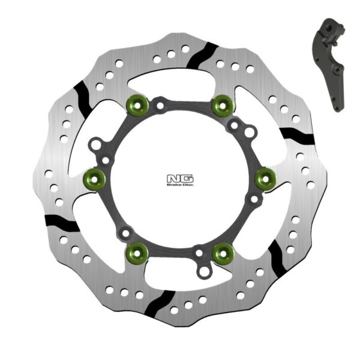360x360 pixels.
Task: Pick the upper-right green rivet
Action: pyautogui.click(x=223, y=106)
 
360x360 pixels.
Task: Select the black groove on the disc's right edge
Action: pyautogui.click(x=298, y=136)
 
